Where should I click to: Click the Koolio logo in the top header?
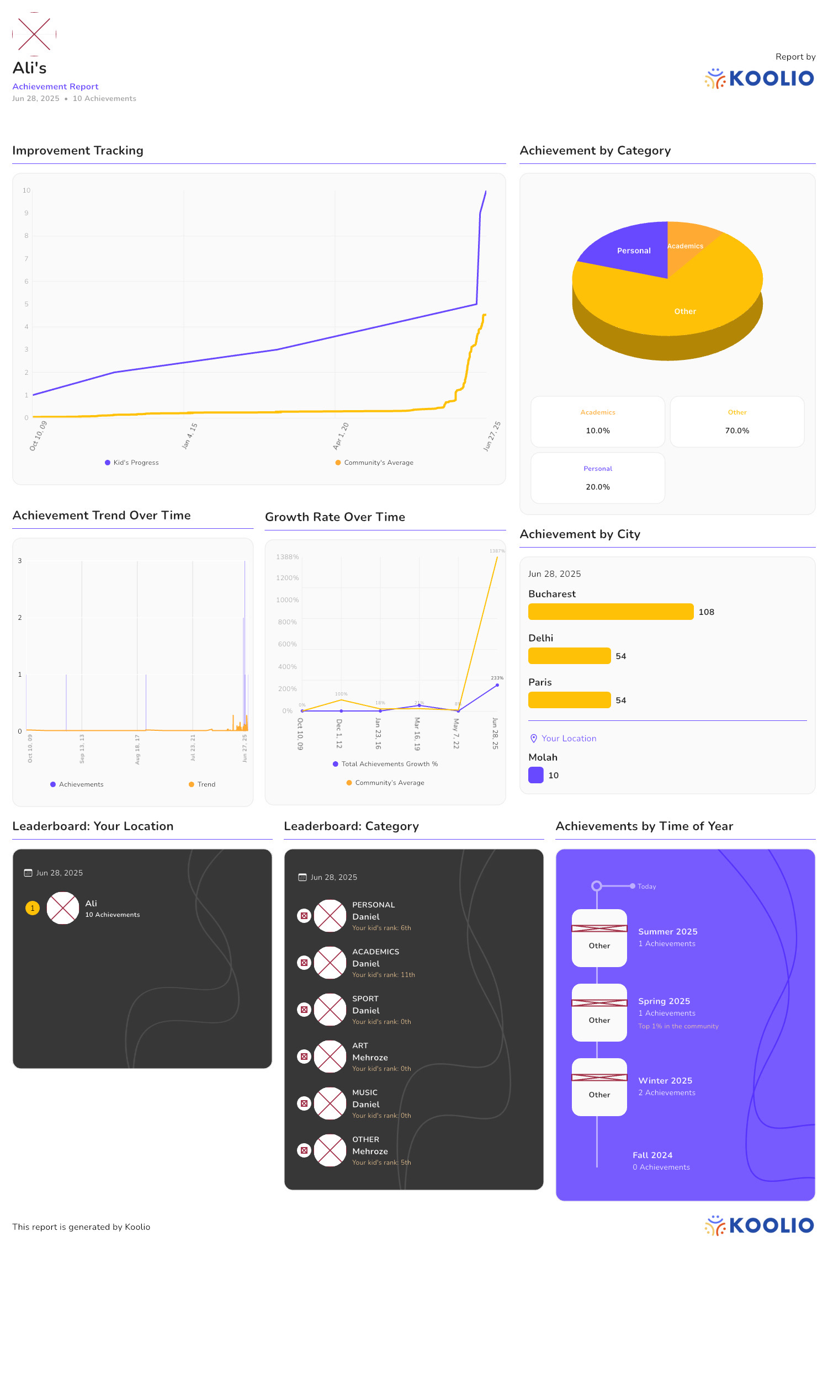pyautogui.click(x=759, y=78)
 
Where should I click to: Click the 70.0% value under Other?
pyautogui.click(x=736, y=431)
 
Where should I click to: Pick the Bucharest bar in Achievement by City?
pyautogui.click(x=611, y=612)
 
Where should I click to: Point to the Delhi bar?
pyautogui.click(x=569, y=656)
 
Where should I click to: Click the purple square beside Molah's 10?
pyautogui.click(x=535, y=776)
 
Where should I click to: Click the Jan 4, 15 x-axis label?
pyautogui.click(x=190, y=436)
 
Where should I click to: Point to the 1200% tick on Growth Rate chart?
pyautogui.click(x=288, y=578)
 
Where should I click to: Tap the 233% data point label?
pyautogui.click(x=497, y=678)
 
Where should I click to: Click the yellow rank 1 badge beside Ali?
pyautogui.click(x=33, y=908)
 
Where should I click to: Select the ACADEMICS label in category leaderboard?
pyautogui.click(x=375, y=952)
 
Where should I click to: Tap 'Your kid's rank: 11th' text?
pyautogui.click(x=383, y=975)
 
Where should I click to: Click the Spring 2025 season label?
pyautogui.click(x=664, y=1001)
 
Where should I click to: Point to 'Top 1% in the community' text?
pyautogui.click(x=678, y=1026)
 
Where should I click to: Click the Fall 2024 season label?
pyautogui.click(x=652, y=1155)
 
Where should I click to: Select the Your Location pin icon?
pyautogui.click(x=533, y=739)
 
